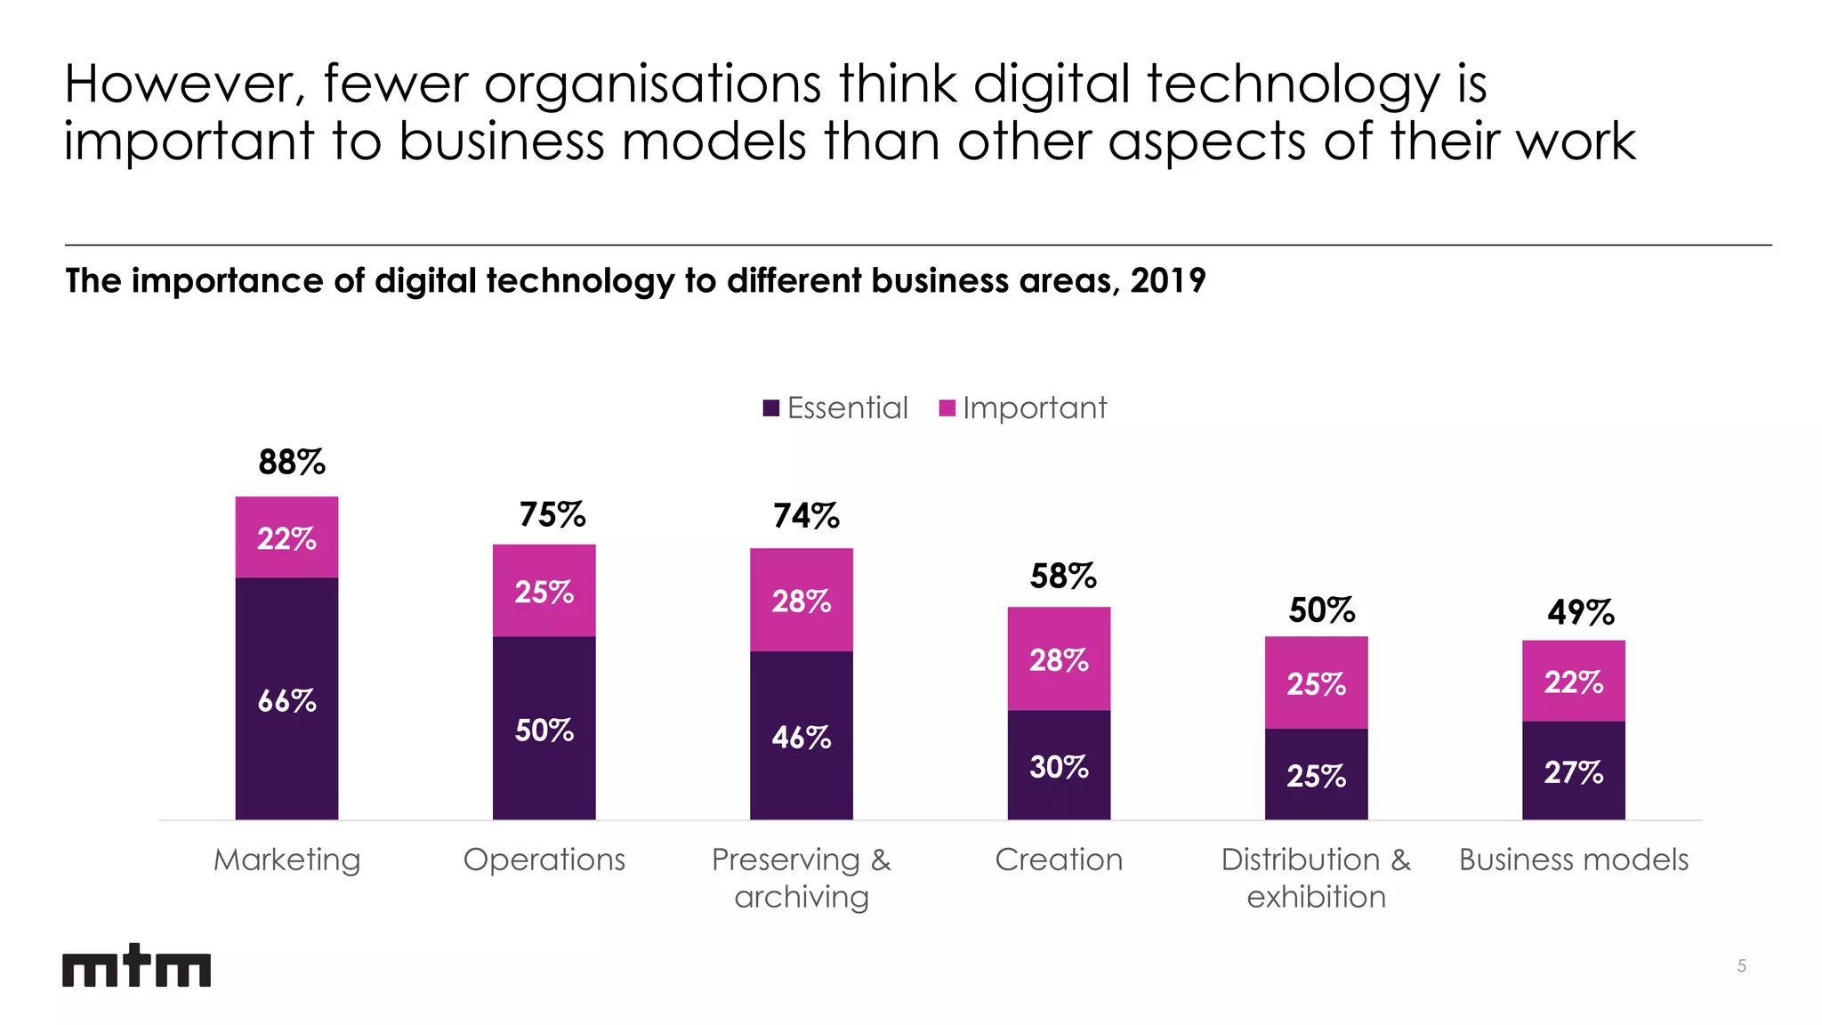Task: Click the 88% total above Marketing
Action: [292, 463]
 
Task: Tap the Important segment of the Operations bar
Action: [544, 591]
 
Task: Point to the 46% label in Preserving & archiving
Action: [801, 738]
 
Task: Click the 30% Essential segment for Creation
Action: [1059, 765]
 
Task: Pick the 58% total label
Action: [1063, 577]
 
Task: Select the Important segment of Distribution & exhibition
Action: [1316, 682]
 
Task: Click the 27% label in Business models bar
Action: [1573, 772]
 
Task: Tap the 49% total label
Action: [1580, 612]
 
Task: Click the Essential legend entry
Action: [836, 408]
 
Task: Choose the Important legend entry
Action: [1023, 408]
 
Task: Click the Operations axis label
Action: [544, 860]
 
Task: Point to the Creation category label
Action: [1059, 860]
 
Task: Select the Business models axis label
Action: [1573, 860]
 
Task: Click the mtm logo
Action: [136, 966]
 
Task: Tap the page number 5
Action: [1741, 966]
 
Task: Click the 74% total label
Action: [806, 516]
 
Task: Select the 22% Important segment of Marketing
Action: [286, 538]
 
